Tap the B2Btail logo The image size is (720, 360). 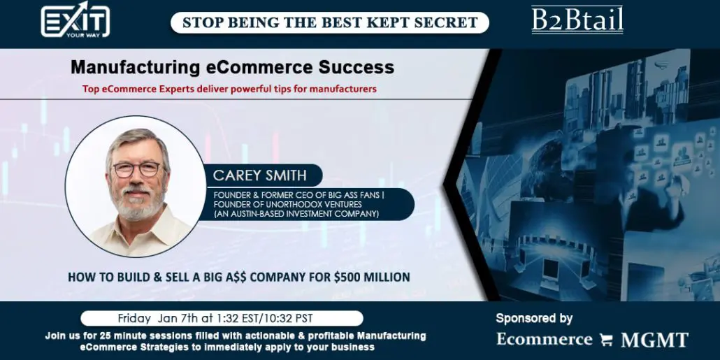[577, 20]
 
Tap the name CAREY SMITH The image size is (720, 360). [259, 175]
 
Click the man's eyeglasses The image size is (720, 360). [136, 169]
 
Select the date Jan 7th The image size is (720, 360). [174, 318]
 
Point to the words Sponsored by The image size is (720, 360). [534, 318]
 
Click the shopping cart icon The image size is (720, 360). [606, 340]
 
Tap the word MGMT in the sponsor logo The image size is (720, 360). [654, 340]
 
